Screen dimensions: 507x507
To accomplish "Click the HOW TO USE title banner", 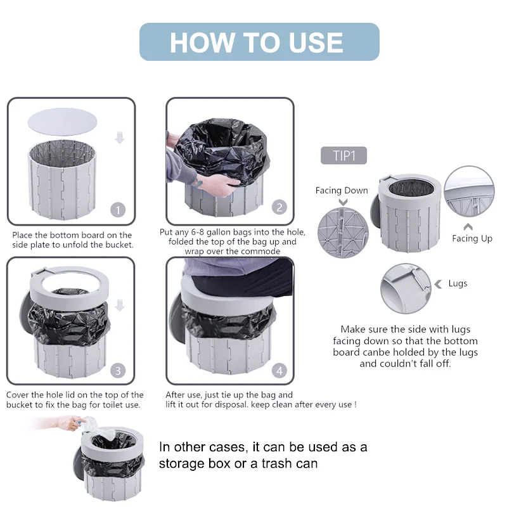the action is [259, 42].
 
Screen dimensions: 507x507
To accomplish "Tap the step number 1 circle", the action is [118, 210].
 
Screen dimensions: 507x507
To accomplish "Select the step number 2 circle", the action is [279, 207].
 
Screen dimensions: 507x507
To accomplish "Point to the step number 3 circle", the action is [118, 370].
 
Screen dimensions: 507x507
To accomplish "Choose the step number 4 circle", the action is [279, 370].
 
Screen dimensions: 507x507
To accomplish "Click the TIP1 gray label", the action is [343, 155].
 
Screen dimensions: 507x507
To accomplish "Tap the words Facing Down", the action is [342, 191].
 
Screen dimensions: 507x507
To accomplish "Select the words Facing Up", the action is [472, 239].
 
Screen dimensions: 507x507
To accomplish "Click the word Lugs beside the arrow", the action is [458, 283].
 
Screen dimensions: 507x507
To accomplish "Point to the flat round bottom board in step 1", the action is [62, 122].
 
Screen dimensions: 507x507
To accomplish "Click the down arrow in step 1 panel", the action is [120, 138].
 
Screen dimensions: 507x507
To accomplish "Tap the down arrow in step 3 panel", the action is [120, 305].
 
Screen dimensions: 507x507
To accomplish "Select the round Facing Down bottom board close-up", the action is [343, 233].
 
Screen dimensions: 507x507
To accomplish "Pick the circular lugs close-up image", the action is [406, 288].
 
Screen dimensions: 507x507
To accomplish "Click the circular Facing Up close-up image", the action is [469, 191].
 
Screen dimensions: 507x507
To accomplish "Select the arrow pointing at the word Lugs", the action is [439, 284].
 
